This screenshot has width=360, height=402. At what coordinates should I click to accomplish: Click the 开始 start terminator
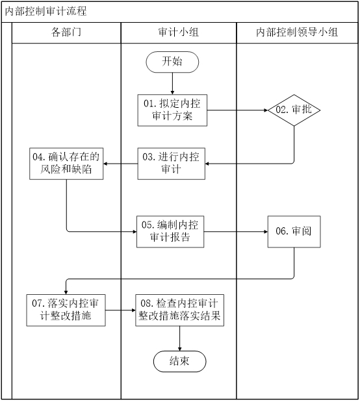coord(172,62)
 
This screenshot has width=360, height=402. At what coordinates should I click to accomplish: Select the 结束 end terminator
coord(179,361)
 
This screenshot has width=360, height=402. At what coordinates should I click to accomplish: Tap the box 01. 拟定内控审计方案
coord(172,110)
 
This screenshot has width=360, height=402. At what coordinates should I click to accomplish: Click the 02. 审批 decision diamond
coord(294,110)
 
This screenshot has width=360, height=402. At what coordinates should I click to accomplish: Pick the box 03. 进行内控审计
coord(171,164)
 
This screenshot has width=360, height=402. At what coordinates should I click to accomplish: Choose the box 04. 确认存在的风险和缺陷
coord(66,164)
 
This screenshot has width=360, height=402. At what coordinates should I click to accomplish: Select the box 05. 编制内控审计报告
coord(170,231)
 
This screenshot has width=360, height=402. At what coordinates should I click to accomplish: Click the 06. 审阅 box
coord(294,231)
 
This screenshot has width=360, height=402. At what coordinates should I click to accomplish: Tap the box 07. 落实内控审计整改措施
coord(66,310)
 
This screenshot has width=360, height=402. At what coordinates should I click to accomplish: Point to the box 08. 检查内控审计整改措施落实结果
coord(179,310)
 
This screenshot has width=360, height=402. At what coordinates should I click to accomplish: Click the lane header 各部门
coord(66,32)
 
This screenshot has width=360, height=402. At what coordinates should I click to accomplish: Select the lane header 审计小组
coord(179,32)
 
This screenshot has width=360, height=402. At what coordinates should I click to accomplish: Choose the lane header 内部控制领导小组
coord(297,32)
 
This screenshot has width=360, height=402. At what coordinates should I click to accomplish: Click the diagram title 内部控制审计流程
coord(46,11)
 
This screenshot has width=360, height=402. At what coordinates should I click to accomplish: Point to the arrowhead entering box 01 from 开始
coord(172,93)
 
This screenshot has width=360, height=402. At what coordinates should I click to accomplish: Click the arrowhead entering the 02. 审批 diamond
coord(266,110)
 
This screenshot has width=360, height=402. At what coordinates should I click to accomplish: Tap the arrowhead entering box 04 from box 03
coord(105,164)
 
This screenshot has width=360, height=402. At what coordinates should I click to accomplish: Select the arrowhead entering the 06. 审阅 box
coord(266,232)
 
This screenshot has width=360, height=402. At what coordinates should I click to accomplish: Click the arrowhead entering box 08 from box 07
coord(134,310)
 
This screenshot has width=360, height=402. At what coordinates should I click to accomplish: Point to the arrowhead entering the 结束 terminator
coord(179,349)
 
